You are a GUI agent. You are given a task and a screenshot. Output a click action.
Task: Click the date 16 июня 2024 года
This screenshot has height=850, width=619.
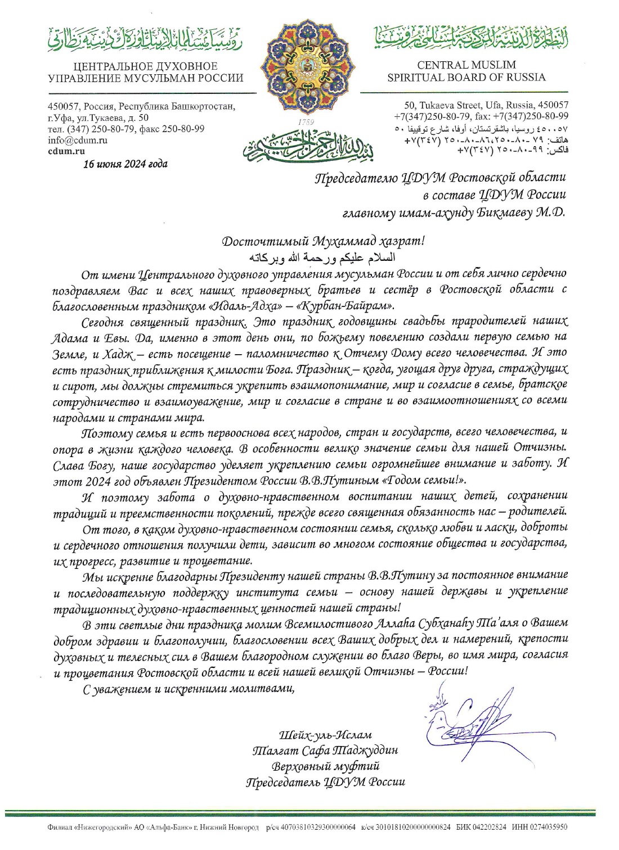point(125,164)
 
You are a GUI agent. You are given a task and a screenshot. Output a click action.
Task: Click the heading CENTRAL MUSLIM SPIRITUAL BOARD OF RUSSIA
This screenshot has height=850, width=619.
point(467,71)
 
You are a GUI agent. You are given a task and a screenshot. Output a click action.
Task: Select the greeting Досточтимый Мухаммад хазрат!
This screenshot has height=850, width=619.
point(323,242)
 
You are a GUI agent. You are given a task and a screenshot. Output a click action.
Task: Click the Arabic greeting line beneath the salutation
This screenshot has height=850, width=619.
point(322,258)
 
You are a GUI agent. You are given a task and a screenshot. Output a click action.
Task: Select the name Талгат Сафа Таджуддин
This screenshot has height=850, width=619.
point(325,750)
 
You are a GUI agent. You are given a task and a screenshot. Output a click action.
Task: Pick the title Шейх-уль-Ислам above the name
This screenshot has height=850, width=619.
point(325,735)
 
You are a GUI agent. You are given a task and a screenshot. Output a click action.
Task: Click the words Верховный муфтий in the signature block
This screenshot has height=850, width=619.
point(325,766)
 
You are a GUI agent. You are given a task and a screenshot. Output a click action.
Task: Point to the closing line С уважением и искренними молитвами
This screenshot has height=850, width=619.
point(189,689)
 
